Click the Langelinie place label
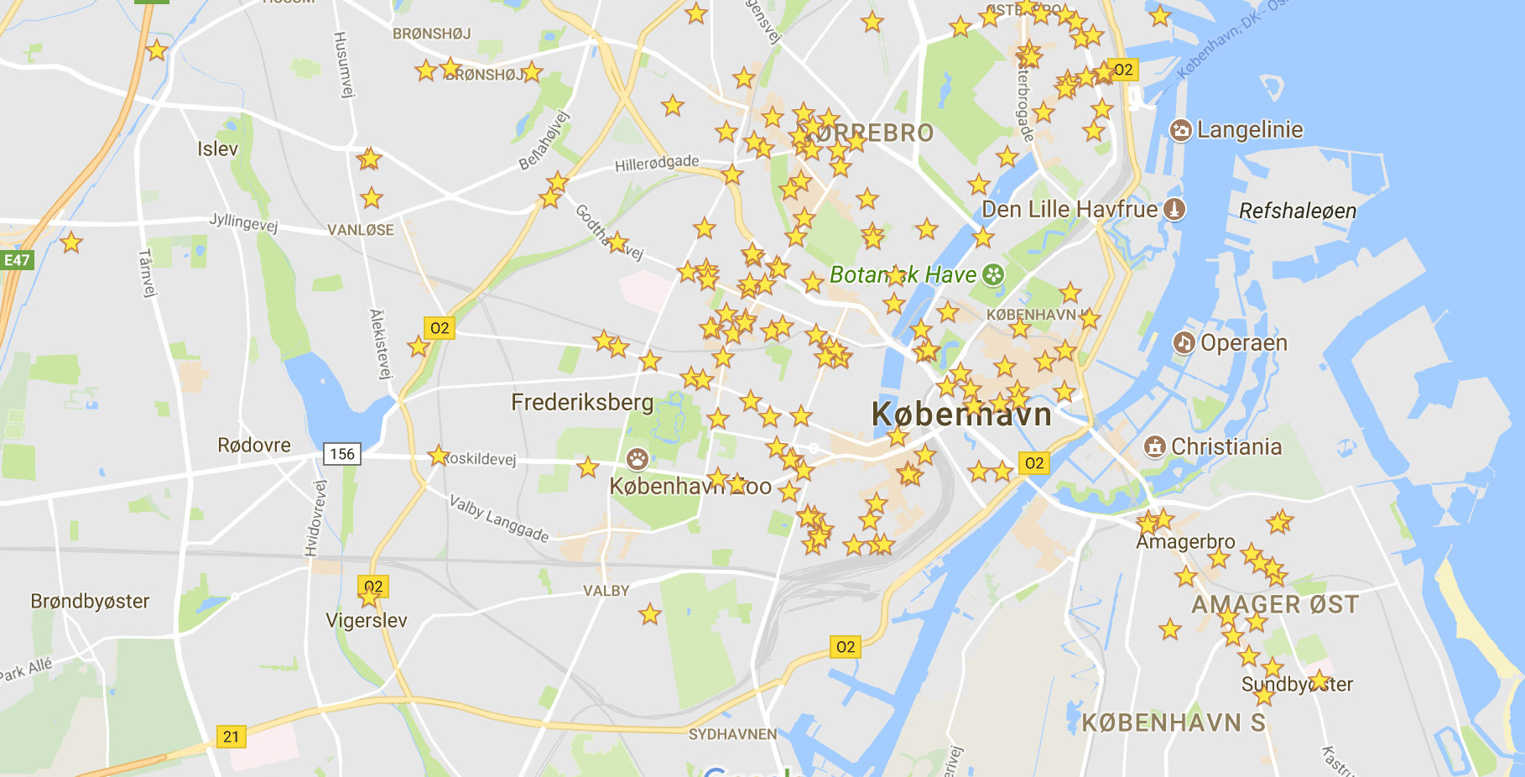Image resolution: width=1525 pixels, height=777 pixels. [x=1249, y=130]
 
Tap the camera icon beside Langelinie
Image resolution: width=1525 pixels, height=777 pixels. [x=1180, y=131]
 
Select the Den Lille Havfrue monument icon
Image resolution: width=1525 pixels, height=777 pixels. [x=1174, y=209]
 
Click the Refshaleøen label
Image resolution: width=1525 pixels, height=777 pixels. [x=1297, y=211]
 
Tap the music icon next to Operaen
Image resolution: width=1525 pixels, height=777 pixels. [x=1184, y=342]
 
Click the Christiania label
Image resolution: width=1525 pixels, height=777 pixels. [x=1226, y=446]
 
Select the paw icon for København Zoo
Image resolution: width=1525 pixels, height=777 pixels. [x=638, y=459]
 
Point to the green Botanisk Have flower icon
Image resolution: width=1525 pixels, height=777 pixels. [x=993, y=274]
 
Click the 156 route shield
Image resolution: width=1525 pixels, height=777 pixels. [x=342, y=454]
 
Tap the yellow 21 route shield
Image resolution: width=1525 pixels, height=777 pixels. [x=231, y=737]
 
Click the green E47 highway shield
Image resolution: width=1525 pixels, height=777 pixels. [x=17, y=260]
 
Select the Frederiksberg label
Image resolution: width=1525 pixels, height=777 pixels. [x=581, y=403]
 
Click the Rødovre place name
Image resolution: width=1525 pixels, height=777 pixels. [x=253, y=446]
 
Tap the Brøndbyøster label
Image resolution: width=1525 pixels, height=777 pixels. [x=90, y=602]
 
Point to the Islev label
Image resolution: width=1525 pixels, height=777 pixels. [x=217, y=149]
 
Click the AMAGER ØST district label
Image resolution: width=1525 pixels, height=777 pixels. [x=1274, y=604]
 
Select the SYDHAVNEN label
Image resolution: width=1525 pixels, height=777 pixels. [x=732, y=734]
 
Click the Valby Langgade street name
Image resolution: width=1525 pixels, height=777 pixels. [x=499, y=519]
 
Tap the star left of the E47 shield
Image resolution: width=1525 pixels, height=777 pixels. [x=71, y=243]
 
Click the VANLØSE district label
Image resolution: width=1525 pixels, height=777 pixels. [x=360, y=230]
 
